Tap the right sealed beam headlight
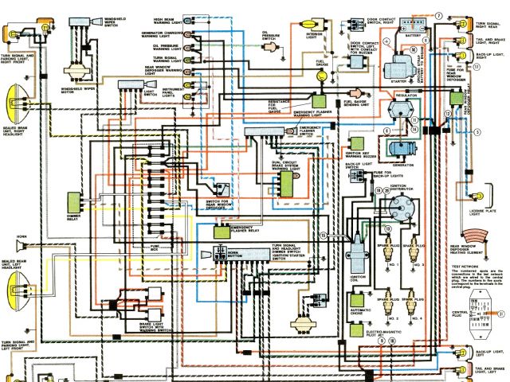click(14, 104)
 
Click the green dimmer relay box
click(75, 204)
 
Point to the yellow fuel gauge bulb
click(322, 75)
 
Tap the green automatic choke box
click(356, 302)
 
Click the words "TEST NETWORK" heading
click(466, 265)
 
